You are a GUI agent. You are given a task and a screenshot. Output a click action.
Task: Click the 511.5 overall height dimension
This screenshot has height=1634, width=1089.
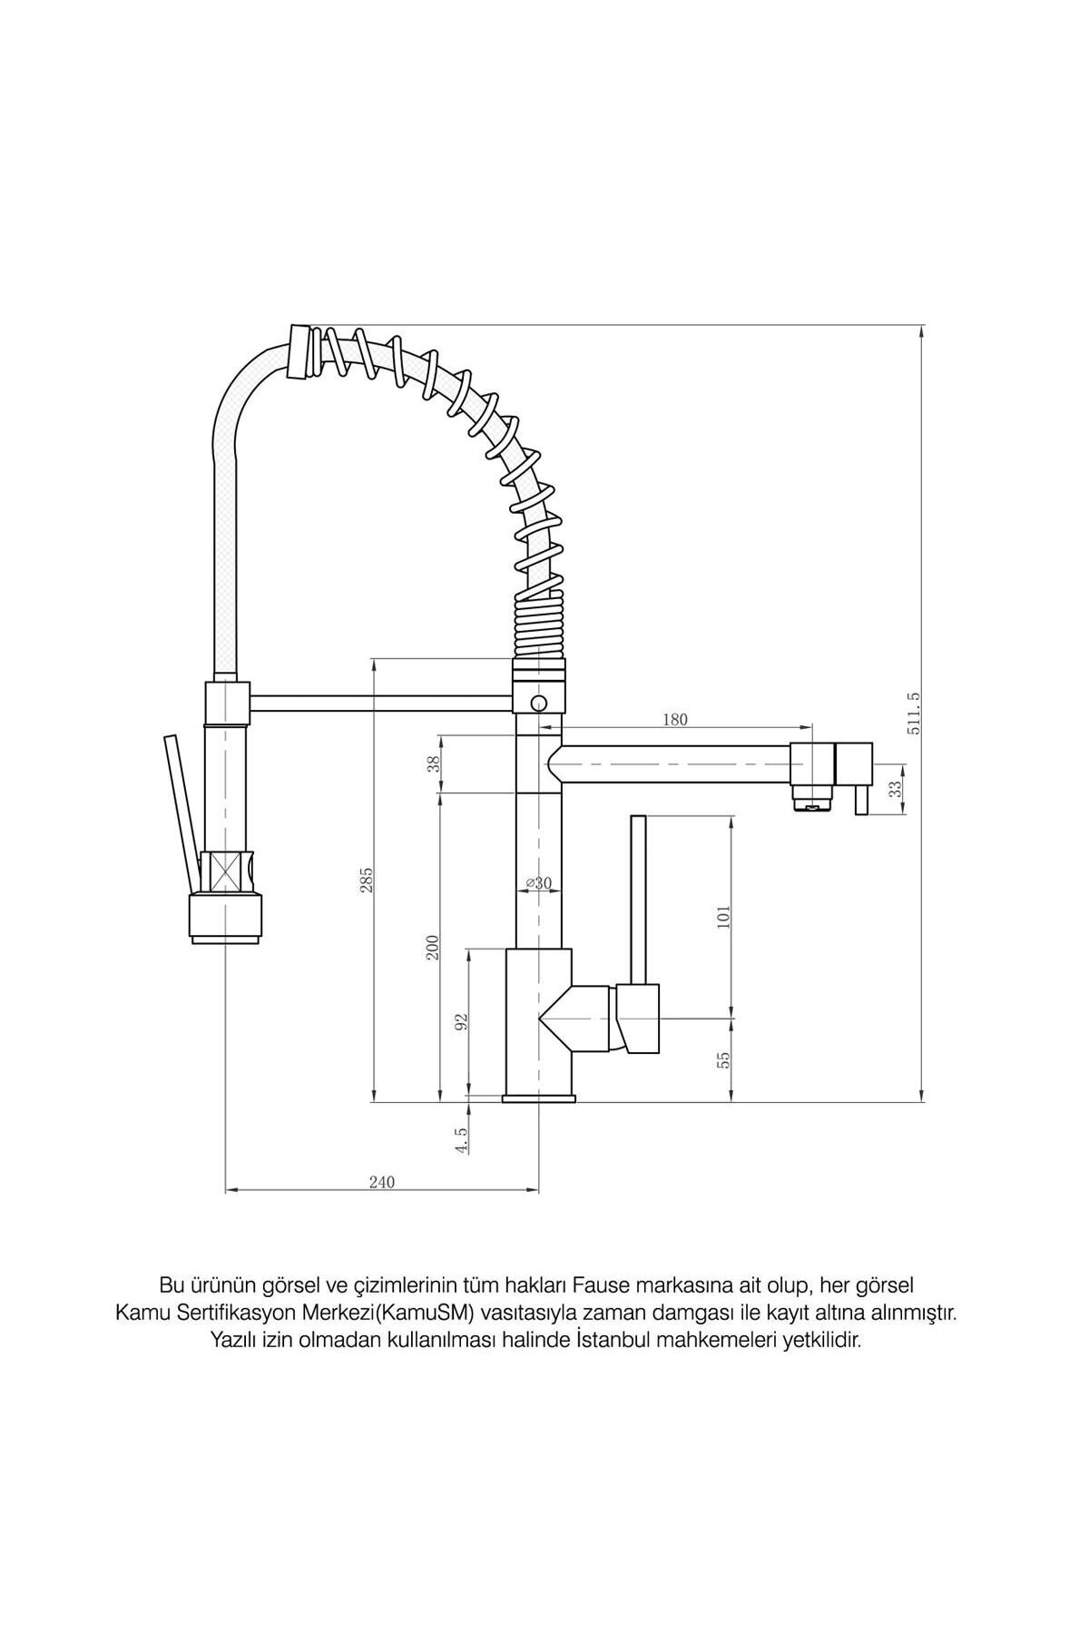(913, 713)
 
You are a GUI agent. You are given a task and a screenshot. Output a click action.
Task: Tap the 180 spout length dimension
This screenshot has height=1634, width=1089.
(675, 720)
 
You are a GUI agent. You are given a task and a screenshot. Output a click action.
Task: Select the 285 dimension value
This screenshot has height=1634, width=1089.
(367, 880)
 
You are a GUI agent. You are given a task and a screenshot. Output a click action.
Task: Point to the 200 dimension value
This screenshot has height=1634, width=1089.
(433, 947)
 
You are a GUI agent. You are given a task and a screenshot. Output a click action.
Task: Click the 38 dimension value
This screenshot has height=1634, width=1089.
(433, 763)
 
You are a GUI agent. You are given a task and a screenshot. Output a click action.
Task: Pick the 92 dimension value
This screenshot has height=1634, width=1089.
(462, 1021)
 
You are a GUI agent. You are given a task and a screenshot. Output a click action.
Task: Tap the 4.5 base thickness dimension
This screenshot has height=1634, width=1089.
(462, 1139)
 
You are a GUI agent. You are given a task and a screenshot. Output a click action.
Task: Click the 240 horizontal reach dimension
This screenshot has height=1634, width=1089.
(382, 1182)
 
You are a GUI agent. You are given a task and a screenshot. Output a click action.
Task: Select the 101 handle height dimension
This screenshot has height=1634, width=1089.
(723, 917)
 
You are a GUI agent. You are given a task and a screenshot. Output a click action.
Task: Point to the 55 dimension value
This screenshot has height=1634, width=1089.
(723, 1059)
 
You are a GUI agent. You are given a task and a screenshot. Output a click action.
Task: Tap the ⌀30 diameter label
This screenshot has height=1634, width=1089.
(539, 882)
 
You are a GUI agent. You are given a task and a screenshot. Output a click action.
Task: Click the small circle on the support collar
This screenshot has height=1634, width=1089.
(539, 703)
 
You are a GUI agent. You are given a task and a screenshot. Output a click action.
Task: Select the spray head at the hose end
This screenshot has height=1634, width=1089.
(228, 917)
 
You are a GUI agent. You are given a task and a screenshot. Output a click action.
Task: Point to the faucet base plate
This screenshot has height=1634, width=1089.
(539, 1099)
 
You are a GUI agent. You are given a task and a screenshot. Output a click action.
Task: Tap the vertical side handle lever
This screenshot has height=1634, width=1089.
(638, 899)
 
